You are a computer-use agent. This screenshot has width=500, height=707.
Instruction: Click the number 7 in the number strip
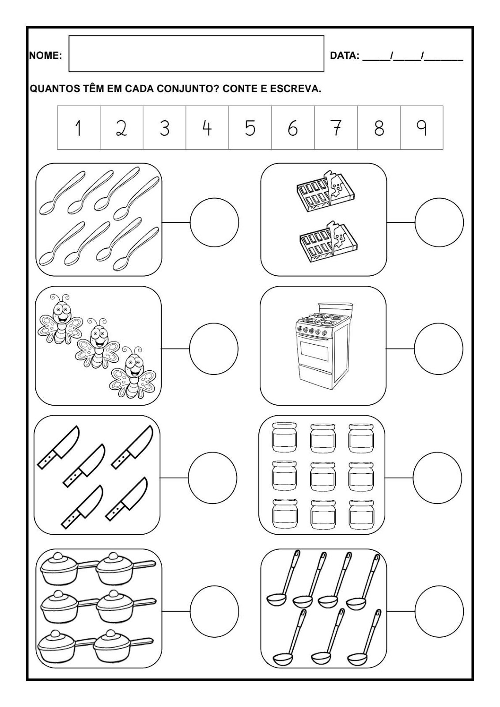coord(337,128)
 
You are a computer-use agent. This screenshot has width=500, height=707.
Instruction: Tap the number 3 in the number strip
coord(164,129)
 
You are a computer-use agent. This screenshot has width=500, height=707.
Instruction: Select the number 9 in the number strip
coord(421,128)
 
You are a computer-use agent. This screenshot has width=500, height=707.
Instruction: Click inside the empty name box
coord(196,53)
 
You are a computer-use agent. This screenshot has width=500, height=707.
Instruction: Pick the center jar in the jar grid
coord(323,476)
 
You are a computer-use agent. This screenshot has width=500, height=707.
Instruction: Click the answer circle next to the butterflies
coord(214,349)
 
